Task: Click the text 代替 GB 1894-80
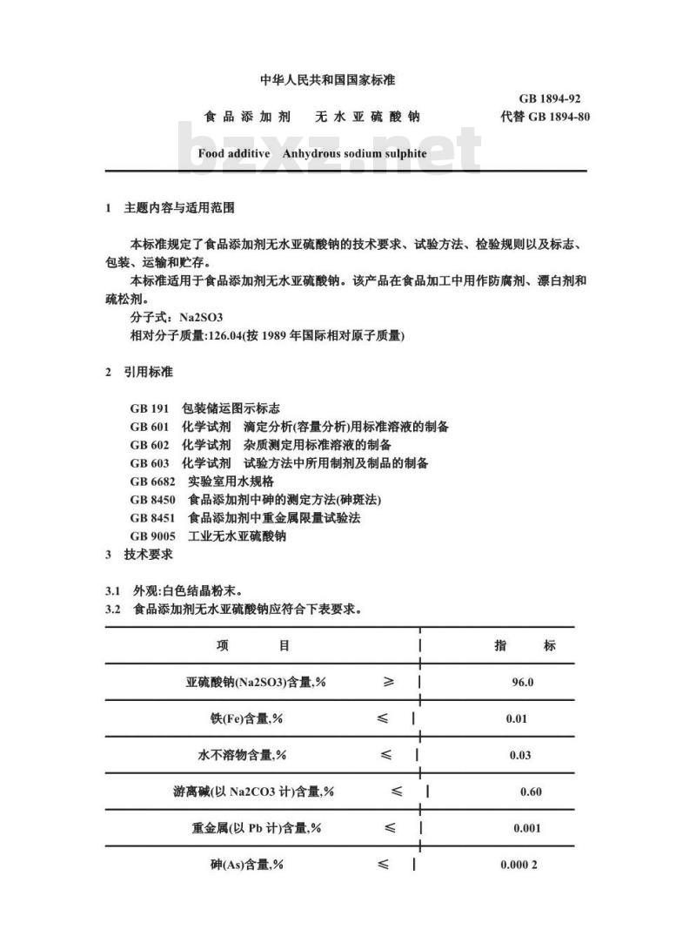(x=545, y=117)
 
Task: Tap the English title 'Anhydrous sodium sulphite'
(x=354, y=152)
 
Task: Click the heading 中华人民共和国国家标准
(x=328, y=80)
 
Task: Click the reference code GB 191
(x=150, y=408)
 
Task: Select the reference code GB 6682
(x=153, y=482)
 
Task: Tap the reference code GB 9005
(x=153, y=536)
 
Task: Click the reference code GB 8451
(x=153, y=518)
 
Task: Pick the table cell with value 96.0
(x=522, y=683)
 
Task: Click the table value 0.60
(x=530, y=792)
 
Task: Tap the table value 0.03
(x=519, y=755)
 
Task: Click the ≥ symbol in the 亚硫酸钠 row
(x=388, y=682)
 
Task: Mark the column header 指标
(x=525, y=645)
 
